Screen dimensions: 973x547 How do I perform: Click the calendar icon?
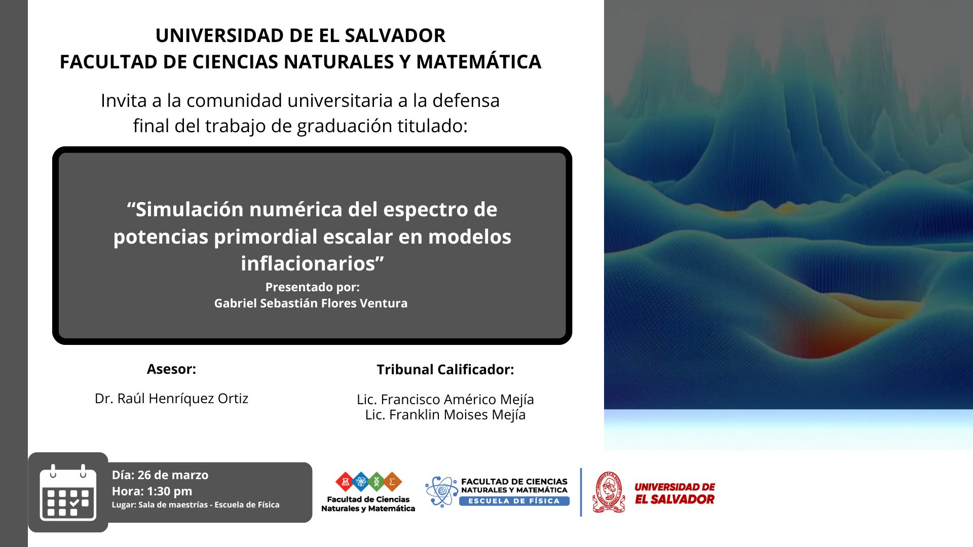(x=68, y=492)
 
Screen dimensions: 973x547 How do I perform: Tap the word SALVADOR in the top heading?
(x=395, y=35)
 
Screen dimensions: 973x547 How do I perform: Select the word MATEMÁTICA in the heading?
(x=479, y=61)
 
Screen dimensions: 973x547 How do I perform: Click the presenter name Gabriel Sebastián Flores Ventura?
(x=311, y=303)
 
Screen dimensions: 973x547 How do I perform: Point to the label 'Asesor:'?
(x=171, y=369)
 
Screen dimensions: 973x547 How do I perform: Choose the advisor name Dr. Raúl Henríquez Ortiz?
(x=171, y=398)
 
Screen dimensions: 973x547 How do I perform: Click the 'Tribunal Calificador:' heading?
(x=445, y=369)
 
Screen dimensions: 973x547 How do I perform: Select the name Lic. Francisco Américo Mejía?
(x=445, y=399)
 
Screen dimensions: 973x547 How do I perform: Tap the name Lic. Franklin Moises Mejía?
(x=445, y=414)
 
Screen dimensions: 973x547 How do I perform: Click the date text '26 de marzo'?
(x=173, y=475)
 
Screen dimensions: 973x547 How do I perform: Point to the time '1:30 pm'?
(x=170, y=491)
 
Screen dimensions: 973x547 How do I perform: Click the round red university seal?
(x=609, y=492)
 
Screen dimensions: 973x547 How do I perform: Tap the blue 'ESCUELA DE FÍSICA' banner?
(x=514, y=501)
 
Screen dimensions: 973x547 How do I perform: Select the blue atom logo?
(x=441, y=491)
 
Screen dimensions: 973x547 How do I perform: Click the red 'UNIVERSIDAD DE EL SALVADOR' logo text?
(x=675, y=493)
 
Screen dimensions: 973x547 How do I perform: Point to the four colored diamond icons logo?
(x=368, y=482)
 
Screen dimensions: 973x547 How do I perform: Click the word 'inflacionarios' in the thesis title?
(x=312, y=263)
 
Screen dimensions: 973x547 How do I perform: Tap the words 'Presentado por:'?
(x=312, y=287)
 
